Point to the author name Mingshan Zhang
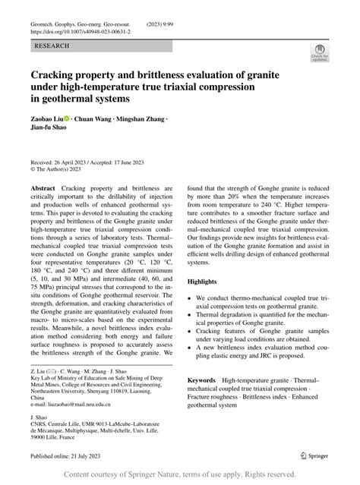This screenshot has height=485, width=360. point(141,118)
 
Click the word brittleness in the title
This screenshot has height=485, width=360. point(169,74)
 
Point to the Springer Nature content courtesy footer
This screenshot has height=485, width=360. point(179,474)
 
